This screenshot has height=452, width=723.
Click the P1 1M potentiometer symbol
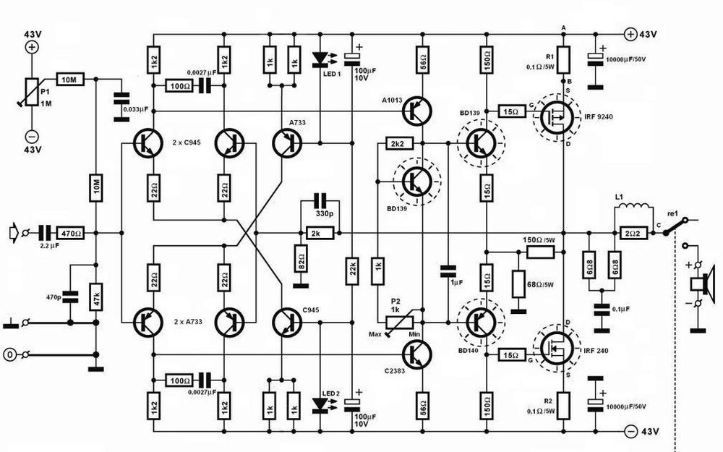click(32, 93)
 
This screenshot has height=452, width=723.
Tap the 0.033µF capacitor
click(120, 101)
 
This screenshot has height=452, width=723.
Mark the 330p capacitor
click(318, 200)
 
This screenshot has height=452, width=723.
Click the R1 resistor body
click(564, 56)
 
